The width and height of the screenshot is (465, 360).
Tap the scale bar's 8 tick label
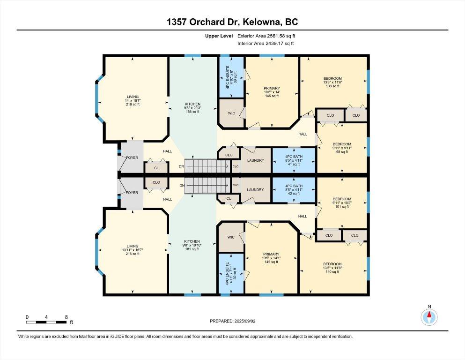(x=66, y=317)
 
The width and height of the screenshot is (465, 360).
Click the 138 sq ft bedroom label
(x=332, y=82)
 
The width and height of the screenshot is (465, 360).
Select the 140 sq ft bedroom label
(x=332, y=268)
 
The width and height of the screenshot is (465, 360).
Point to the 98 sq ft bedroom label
(x=342, y=148)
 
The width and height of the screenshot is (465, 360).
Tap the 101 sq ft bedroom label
(x=342, y=202)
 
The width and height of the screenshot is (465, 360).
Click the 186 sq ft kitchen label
(x=192, y=108)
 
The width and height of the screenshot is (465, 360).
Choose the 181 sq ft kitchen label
(x=192, y=245)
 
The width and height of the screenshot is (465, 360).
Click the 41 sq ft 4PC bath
(x=294, y=160)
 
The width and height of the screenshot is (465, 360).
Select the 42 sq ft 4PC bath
(x=294, y=190)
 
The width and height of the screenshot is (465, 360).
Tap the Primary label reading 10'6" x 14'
(x=272, y=92)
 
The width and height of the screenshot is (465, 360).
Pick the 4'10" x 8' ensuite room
(x=231, y=77)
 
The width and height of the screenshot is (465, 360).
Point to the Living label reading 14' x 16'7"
(x=133, y=100)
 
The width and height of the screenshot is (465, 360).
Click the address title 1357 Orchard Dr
(x=205, y=22)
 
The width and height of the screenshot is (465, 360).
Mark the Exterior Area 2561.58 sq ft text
(x=266, y=36)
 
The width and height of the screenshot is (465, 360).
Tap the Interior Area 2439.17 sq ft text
(x=266, y=43)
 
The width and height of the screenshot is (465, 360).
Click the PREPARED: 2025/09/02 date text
(x=232, y=321)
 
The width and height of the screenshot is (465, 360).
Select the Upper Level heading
(x=219, y=36)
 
